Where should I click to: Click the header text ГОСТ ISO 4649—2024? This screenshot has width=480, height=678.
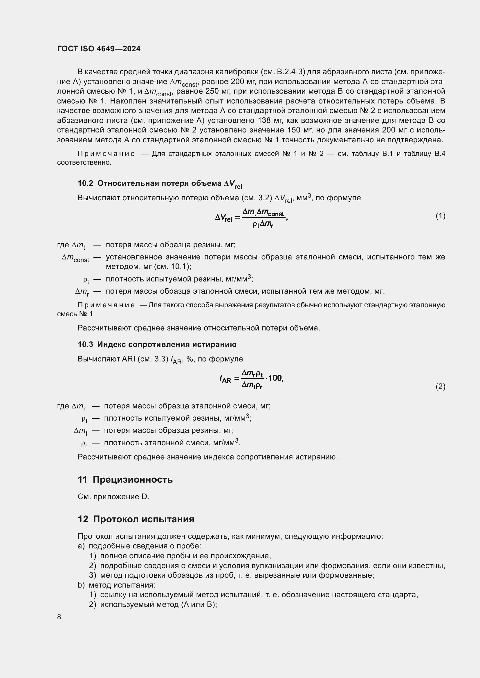pyautogui.click(x=99, y=49)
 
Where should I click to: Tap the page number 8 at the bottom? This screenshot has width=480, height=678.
pyautogui.click(x=59, y=617)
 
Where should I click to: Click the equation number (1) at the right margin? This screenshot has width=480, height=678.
pyautogui.click(x=440, y=216)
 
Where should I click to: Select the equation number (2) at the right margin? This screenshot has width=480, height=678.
pyautogui.click(x=440, y=387)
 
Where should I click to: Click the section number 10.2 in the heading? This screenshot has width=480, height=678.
pyautogui.click(x=85, y=183)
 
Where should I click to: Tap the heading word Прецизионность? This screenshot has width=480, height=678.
pyautogui.click(x=133, y=479)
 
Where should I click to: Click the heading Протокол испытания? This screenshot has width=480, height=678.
pyautogui.click(x=144, y=519)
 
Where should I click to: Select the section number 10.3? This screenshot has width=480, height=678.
pyautogui.click(x=85, y=344)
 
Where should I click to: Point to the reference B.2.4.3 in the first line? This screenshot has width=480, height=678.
pyautogui.click(x=290, y=72)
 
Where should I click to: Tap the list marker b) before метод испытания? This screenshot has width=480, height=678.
pyautogui.click(x=81, y=585)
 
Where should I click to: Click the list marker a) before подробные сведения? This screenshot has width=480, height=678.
pyautogui.click(x=81, y=546)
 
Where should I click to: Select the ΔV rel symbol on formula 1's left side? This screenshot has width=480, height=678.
pyautogui.click(x=223, y=218)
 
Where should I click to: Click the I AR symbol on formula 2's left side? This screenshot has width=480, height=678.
pyautogui.click(x=225, y=379)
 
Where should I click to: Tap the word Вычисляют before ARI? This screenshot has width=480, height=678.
pyautogui.click(x=98, y=359)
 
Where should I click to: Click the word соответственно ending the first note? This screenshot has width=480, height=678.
pyautogui.click(x=84, y=162)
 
